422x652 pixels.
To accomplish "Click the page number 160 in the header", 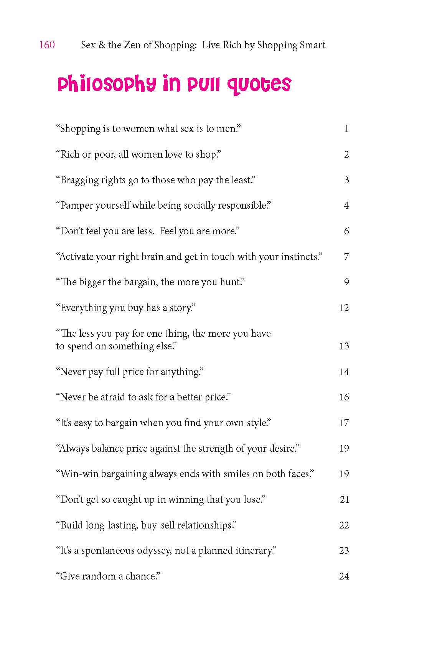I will click(47, 45).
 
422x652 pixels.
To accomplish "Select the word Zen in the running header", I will click(132, 45).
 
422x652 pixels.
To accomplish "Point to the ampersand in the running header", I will click(102, 45).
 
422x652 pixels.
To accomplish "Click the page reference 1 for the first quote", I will click(346, 129).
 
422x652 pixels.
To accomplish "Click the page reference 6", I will click(346, 231).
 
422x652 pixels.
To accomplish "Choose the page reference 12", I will click(344, 308).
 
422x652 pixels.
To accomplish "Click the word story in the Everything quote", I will click(180, 308).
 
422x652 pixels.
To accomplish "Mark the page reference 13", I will click(344, 346).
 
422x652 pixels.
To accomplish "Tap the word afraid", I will click(113, 397).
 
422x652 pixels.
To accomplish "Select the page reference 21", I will click(344, 500).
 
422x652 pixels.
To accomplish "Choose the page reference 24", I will click(344, 576).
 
